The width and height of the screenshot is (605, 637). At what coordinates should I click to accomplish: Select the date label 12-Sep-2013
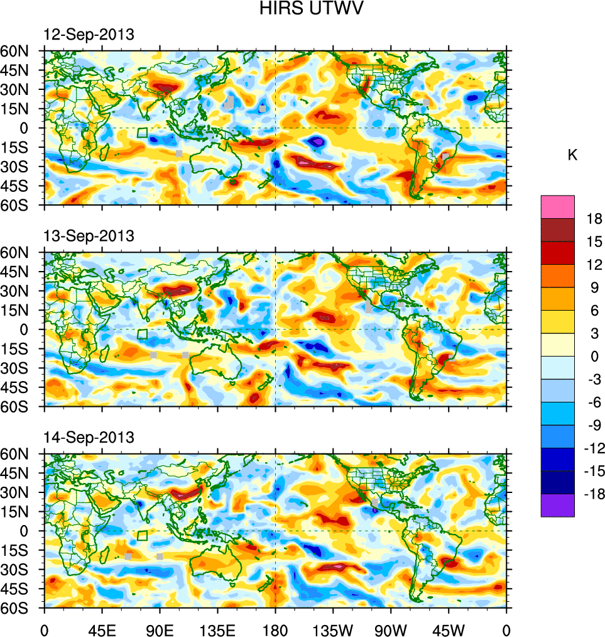(x=89, y=35)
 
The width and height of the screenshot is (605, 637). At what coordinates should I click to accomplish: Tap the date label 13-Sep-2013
(x=89, y=236)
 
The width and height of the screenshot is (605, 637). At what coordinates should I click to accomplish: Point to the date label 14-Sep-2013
(x=89, y=437)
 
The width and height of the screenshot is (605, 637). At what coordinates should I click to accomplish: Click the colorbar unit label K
(x=572, y=155)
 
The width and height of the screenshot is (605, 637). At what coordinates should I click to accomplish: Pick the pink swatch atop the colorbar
(x=557, y=206)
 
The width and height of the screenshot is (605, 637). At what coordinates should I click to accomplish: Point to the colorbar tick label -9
(x=592, y=425)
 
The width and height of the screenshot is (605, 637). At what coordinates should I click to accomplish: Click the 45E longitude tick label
(x=102, y=628)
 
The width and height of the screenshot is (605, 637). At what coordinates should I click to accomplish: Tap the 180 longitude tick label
(x=275, y=628)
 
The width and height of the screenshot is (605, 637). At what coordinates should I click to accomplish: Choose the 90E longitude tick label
(x=160, y=628)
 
